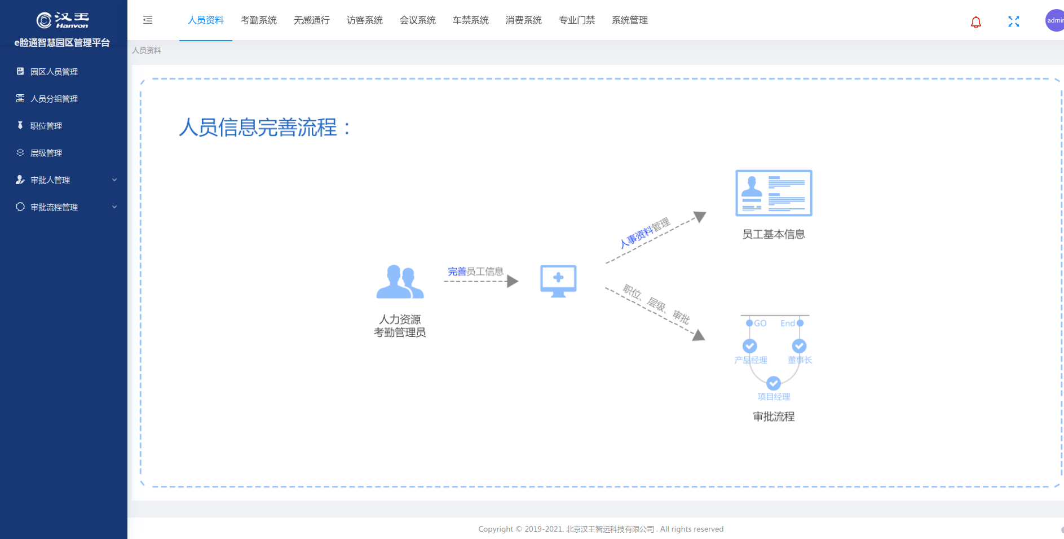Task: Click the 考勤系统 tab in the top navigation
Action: pos(259,20)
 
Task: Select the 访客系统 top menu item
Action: pos(365,20)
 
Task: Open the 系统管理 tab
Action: pos(630,20)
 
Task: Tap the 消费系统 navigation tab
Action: pos(524,20)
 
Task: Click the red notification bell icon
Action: pos(976,22)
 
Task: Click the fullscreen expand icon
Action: pos(1014,21)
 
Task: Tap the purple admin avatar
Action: pos(1054,20)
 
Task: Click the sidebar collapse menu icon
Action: pos(148,20)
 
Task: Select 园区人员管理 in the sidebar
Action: pos(54,72)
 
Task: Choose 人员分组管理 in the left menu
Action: pos(54,99)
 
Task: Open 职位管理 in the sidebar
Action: pos(46,126)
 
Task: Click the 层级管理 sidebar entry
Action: pos(46,153)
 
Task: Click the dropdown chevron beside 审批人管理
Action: pos(114,180)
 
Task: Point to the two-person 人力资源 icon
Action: pos(400,282)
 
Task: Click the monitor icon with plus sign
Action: pos(558,281)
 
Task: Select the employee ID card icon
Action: pos(774,193)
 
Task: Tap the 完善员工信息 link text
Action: pos(475,271)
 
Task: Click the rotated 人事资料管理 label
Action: pos(644,233)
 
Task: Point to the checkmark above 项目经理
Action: pos(774,383)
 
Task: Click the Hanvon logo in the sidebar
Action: pos(63,20)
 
